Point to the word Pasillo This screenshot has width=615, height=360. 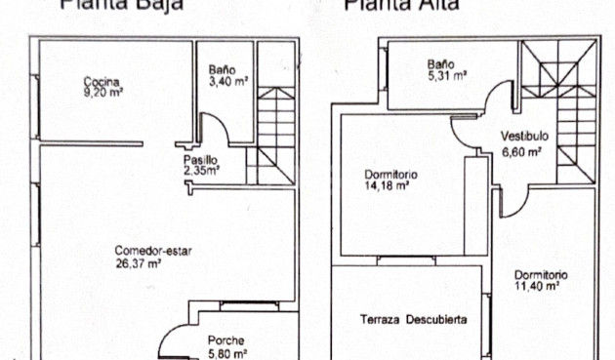(x=199, y=159)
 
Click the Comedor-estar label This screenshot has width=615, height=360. (x=152, y=251)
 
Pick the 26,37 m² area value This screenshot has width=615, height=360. (x=138, y=262)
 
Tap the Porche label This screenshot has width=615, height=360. (x=225, y=340)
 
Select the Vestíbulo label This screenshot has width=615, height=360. (x=525, y=137)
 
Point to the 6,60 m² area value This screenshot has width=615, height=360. (x=522, y=151)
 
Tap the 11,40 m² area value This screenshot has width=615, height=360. (x=536, y=287)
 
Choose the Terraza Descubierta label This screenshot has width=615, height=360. (x=412, y=319)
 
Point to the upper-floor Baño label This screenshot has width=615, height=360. (x=438, y=64)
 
